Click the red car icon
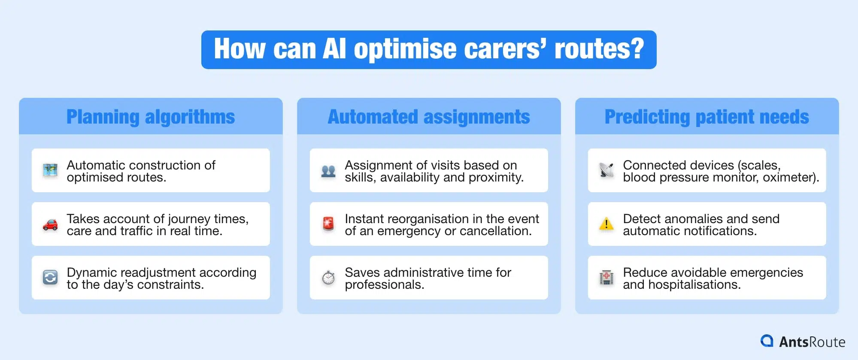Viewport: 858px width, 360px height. (x=50, y=224)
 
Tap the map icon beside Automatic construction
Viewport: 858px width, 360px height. (x=50, y=170)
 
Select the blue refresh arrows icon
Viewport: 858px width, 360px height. (x=50, y=278)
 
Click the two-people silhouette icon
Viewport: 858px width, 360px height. (x=328, y=171)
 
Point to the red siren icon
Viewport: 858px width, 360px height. (x=328, y=224)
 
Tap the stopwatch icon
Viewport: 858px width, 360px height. (x=328, y=278)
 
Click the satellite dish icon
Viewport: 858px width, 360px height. (x=606, y=170)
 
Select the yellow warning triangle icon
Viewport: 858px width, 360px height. (x=606, y=224)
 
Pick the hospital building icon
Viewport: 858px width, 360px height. (x=606, y=278)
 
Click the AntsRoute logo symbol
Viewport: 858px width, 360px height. (x=767, y=341)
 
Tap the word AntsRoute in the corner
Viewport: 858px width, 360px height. (x=812, y=342)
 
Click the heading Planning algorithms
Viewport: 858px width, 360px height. (x=151, y=117)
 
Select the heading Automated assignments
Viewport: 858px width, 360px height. (x=429, y=117)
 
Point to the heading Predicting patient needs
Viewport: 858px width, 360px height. (x=706, y=117)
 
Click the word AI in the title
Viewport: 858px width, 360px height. (x=334, y=49)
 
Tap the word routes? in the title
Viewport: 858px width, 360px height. (x=599, y=49)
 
